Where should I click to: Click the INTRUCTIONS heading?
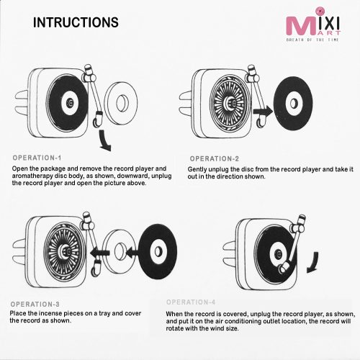(x=76, y=22)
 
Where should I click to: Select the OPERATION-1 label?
(x=37, y=158)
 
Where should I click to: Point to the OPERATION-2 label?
(x=215, y=158)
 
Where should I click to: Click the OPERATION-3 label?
(x=35, y=305)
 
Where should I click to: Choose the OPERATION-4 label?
(x=191, y=302)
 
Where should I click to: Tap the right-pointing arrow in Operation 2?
(x=263, y=112)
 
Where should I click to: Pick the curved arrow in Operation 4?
(x=313, y=263)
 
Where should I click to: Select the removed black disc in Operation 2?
(x=293, y=104)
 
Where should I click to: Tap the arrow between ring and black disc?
(x=132, y=253)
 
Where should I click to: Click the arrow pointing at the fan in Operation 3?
(x=100, y=253)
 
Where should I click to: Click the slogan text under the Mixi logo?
(x=312, y=40)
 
